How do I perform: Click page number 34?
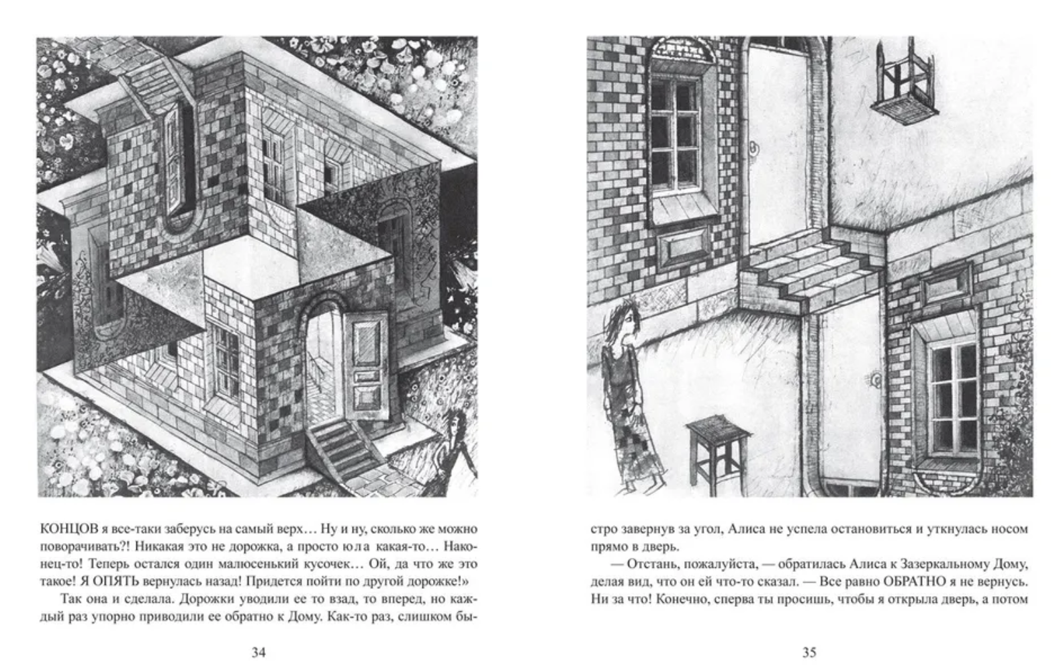(259, 653)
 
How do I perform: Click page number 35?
(809, 653)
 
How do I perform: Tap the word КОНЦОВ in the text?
(69, 529)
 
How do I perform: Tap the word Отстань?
(653, 564)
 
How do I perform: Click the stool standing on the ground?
(717, 453)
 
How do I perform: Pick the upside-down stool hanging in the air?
(904, 83)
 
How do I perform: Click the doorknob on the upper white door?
(753, 150)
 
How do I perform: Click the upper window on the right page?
(675, 134)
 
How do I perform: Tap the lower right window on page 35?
(954, 399)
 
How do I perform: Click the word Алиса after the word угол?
(747, 529)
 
